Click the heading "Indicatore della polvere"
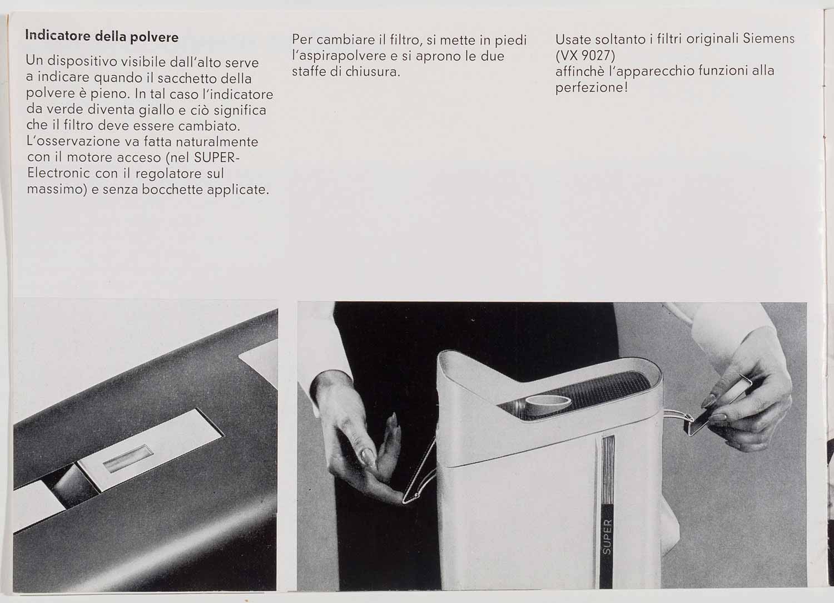point(102,36)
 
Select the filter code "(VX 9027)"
point(585,56)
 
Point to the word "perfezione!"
point(591,87)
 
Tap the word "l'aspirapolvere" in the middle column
point(339,56)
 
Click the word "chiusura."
point(372,71)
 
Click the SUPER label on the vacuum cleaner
point(607,537)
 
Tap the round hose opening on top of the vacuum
point(548,404)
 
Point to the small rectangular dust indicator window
point(128,458)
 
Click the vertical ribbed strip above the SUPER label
point(608,470)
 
